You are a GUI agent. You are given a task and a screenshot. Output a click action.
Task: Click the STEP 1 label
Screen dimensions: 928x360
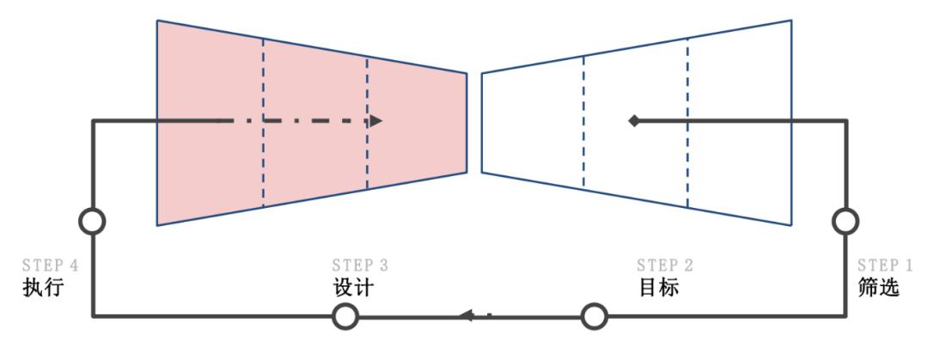(x=885, y=265)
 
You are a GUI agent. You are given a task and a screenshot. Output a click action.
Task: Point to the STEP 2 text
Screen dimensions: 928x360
(x=664, y=265)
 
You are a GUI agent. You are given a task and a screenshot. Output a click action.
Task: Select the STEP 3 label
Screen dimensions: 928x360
(x=360, y=265)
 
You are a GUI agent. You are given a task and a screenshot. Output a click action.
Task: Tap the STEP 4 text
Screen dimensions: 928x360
(x=51, y=265)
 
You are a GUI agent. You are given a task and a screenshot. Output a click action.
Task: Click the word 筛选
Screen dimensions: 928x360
(x=878, y=287)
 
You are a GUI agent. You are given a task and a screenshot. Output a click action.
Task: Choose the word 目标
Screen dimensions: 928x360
(x=658, y=287)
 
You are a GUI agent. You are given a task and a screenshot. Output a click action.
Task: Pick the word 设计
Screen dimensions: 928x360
(x=353, y=287)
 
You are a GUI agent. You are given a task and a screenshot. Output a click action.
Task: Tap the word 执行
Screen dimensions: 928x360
(x=43, y=287)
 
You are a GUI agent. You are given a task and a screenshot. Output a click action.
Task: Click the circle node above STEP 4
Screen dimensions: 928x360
(x=92, y=222)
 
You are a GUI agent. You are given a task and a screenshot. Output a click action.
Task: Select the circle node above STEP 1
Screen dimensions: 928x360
(x=846, y=222)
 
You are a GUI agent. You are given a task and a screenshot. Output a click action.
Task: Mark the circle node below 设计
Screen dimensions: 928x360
(x=345, y=316)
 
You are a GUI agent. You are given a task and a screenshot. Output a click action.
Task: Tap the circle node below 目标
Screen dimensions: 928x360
(x=594, y=316)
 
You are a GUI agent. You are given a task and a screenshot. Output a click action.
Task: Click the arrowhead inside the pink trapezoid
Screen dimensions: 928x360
(x=376, y=121)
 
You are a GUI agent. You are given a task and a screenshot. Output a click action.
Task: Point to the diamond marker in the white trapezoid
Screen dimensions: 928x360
(x=634, y=121)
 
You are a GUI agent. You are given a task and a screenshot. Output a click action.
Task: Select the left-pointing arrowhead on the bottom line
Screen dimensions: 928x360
(x=467, y=315)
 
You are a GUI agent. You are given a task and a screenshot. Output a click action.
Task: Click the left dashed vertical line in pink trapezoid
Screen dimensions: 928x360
(x=264, y=123)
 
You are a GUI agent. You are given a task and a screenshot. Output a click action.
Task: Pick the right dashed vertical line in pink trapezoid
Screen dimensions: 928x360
(x=367, y=123)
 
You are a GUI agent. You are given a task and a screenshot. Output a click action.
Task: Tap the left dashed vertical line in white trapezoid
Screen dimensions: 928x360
(x=583, y=121)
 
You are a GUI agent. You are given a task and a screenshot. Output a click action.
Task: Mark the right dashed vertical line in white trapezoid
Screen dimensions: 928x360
(x=687, y=123)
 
